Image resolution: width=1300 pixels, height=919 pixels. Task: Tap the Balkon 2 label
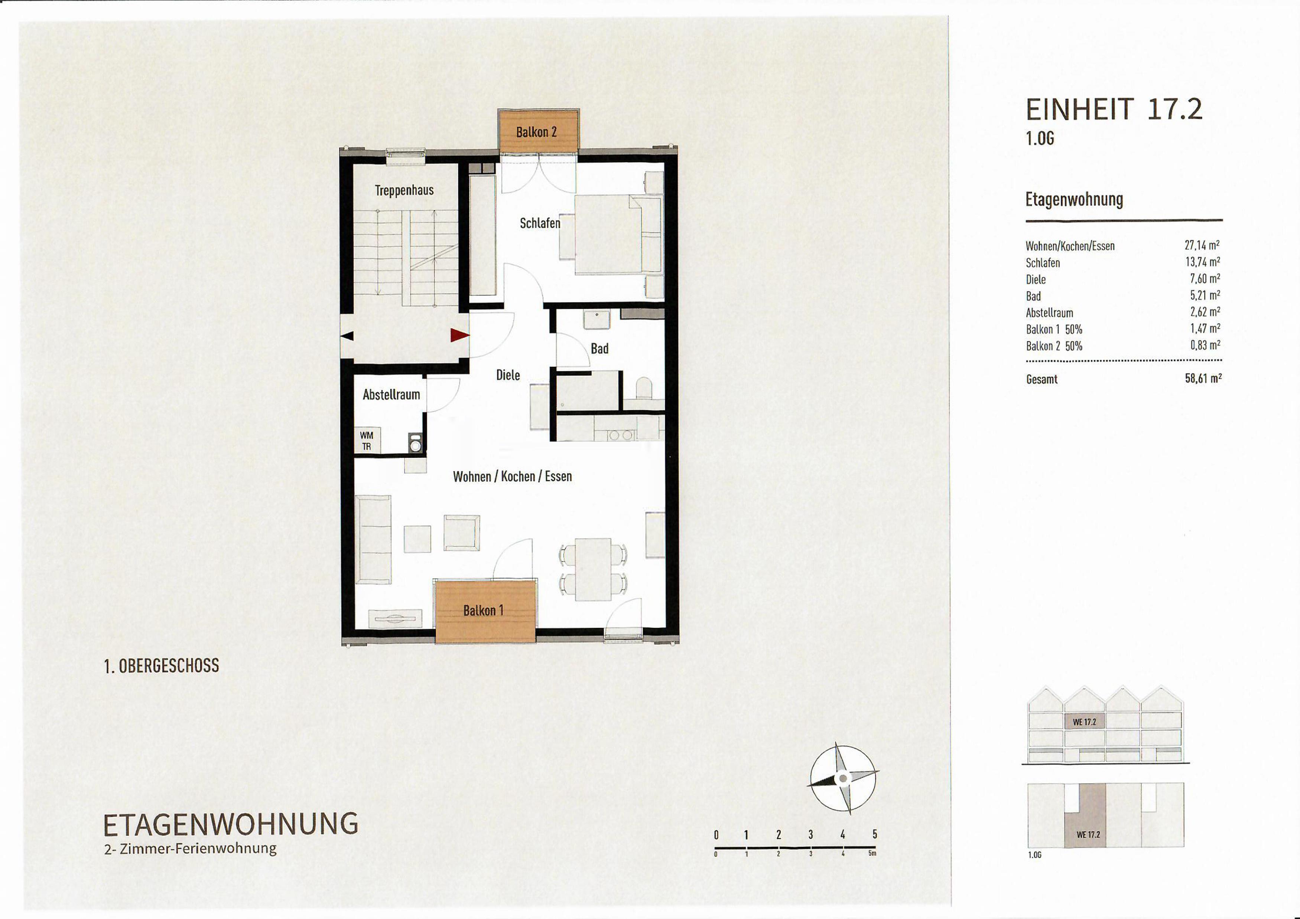536,132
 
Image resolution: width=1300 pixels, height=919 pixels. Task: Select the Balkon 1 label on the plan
483,611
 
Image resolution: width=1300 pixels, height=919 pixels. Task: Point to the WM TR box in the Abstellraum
367,440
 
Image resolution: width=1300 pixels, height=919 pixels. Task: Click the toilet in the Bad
644,389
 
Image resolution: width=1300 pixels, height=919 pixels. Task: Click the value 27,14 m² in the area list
1202,245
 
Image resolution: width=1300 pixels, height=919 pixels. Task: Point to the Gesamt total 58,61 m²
1203,378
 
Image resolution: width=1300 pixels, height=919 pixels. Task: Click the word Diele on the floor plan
508,375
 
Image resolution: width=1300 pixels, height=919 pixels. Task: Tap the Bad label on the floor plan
599,349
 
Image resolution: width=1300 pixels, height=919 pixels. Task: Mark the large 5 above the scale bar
875,834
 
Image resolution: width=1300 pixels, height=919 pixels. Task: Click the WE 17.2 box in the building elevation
1084,722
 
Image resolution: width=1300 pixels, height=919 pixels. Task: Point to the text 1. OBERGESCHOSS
161,666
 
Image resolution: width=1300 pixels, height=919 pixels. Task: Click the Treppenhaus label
404,190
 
